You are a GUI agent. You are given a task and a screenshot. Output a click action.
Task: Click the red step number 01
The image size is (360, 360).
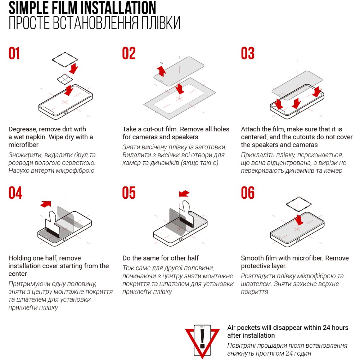(x=14, y=53)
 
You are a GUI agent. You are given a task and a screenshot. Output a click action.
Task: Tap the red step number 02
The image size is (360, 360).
(x=129, y=53)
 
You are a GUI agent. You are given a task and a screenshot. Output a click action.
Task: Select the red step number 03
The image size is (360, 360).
(x=248, y=53)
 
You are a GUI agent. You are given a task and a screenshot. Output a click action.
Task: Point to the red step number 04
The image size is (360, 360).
(x=15, y=193)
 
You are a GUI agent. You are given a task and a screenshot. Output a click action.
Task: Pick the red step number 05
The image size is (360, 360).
(x=129, y=193)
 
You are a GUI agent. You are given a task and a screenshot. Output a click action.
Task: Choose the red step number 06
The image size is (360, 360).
(x=248, y=193)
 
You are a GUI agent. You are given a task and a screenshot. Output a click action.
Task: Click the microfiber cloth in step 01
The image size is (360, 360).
(x=65, y=60)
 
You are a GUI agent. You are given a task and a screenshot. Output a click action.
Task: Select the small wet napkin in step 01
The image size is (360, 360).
(x=65, y=79)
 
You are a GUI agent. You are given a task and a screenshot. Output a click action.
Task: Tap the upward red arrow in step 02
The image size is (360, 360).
(x=162, y=71)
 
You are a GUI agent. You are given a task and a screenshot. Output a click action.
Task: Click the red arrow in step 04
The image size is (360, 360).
(x=46, y=204)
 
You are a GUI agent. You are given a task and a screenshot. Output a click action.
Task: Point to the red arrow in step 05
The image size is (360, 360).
(x=184, y=194)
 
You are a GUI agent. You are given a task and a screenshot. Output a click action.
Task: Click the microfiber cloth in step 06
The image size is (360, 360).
(x=299, y=204)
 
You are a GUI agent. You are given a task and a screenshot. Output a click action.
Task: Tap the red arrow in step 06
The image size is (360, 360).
(x=299, y=220)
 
